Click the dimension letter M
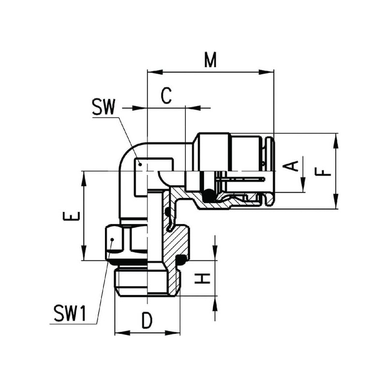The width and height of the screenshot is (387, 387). (210, 60)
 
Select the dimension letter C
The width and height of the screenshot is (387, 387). (166, 95)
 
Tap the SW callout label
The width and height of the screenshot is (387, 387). (104, 107)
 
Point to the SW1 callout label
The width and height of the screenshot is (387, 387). (70, 313)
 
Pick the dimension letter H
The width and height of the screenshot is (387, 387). (202, 278)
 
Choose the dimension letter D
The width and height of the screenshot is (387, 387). (147, 320)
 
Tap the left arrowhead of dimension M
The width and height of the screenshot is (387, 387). (155, 72)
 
